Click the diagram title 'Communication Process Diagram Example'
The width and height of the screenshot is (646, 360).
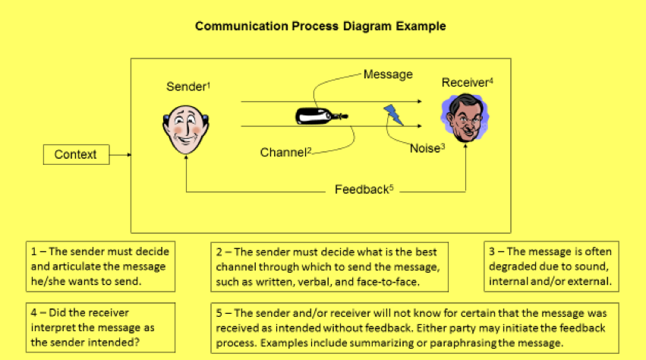(x=320, y=26)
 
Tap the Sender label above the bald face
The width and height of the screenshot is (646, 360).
(x=187, y=87)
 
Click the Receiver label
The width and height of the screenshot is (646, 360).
(x=465, y=83)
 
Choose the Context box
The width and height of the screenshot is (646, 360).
(x=76, y=155)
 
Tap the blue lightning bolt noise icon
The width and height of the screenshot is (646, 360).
(x=393, y=115)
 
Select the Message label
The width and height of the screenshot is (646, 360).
(x=388, y=74)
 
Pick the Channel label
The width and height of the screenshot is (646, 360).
(x=283, y=153)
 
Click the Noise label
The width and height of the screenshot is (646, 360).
(x=425, y=149)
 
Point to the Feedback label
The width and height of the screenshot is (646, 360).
(x=361, y=190)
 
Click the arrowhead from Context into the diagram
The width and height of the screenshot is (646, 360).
(x=129, y=155)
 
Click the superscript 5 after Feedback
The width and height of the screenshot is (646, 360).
(x=391, y=187)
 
